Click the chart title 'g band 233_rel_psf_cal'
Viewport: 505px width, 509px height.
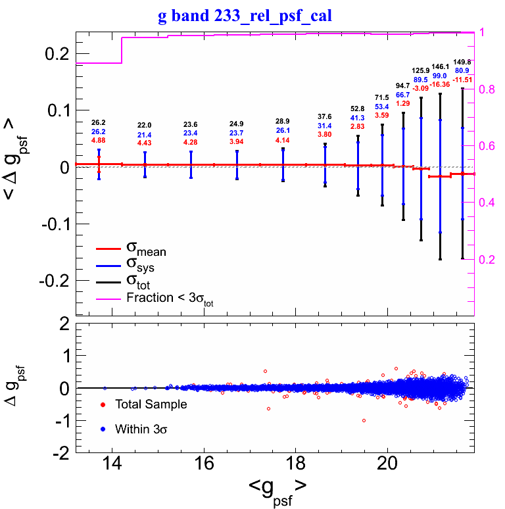(x=245, y=15)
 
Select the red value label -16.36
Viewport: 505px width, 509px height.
(x=441, y=84)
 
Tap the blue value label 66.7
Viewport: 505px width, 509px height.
(x=403, y=95)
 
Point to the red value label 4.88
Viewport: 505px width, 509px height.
(x=99, y=140)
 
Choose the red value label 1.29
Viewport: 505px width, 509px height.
(x=403, y=103)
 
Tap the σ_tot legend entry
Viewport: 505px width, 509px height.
(x=140, y=283)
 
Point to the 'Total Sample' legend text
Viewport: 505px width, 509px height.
(x=151, y=404)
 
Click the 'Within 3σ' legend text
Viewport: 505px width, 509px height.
(x=143, y=429)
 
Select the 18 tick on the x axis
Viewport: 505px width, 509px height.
(x=296, y=463)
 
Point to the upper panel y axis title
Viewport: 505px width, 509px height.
(x=20, y=168)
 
